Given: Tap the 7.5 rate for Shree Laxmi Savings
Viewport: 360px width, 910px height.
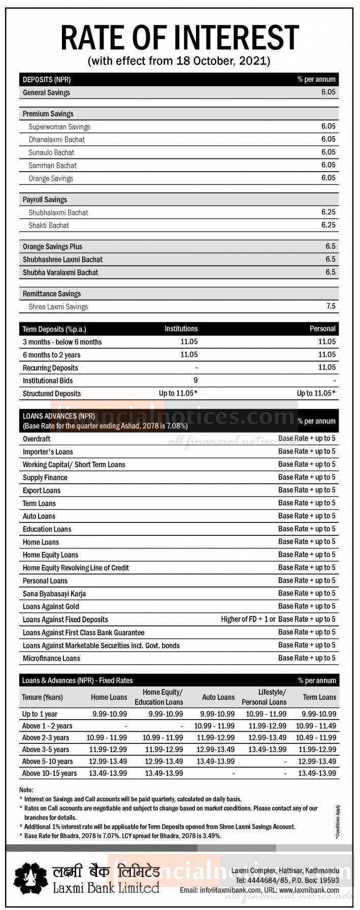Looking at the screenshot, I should tap(331, 306).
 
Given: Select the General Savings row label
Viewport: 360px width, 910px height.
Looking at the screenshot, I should tap(46, 92).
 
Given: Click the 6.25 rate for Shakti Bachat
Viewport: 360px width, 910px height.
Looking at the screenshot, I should tap(328, 225).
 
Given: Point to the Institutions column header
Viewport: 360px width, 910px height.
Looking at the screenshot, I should tap(181, 329).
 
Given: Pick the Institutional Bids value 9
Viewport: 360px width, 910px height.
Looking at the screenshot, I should tap(195, 380).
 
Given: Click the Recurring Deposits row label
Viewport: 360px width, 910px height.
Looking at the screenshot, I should tap(50, 368).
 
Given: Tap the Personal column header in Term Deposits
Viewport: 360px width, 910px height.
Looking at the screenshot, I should tap(322, 329).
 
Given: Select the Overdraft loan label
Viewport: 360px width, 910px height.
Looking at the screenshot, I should tap(37, 439).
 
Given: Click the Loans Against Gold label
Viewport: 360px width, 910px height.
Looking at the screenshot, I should tap(51, 606).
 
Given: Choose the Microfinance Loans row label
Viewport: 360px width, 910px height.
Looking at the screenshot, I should tap(51, 658).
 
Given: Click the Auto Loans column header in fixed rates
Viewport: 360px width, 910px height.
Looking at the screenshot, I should tap(218, 697).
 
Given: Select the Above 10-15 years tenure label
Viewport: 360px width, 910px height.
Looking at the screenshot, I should tap(49, 773).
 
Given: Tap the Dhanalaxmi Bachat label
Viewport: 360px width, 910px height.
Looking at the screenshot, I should tap(57, 139).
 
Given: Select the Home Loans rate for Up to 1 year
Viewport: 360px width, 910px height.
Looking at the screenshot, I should tap(110, 714).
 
